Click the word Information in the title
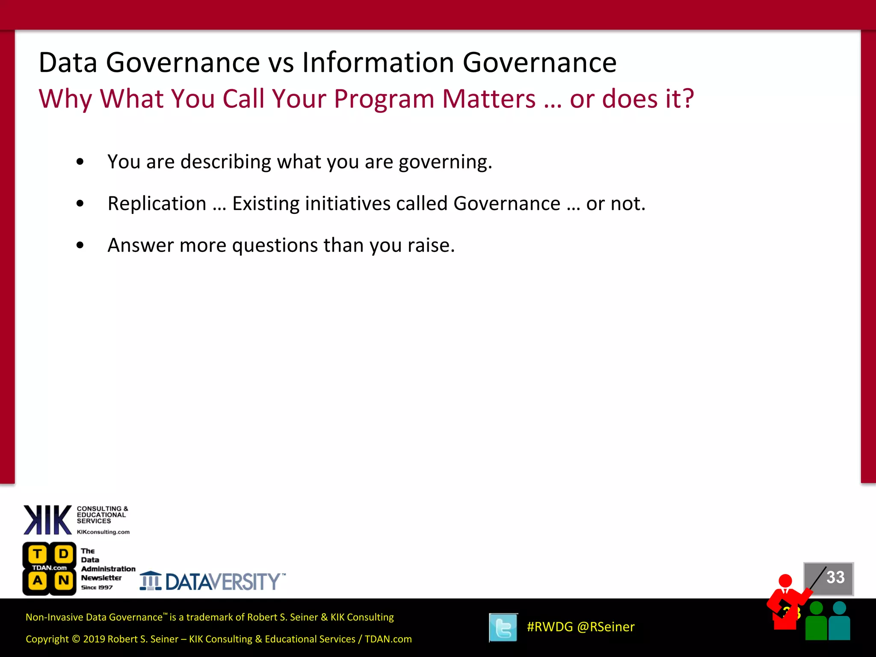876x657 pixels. [378, 62]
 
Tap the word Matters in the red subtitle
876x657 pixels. [488, 99]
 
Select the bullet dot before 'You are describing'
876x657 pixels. [80, 162]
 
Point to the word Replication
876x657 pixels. [157, 204]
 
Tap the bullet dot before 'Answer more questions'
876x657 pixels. [80, 245]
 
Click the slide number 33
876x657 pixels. [835, 577]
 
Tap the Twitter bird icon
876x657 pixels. [503, 627]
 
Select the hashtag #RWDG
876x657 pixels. [550, 627]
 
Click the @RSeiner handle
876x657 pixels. [606, 627]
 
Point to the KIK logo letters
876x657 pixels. [47, 520]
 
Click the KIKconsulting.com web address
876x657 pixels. [103, 532]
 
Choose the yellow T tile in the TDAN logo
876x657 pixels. [38, 554]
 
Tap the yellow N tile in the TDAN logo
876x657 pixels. [64, 580]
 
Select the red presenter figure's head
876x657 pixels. [785, 581]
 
